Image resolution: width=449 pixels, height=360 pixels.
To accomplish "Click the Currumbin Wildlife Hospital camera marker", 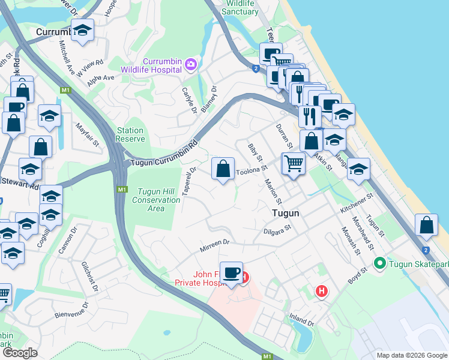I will pyautogui.click(x=191, y=64).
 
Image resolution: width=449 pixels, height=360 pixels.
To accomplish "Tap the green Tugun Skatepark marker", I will pyautogui.click(x=379, y=263).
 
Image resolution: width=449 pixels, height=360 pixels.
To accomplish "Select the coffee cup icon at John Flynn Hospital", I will pyautogui.click(x=231, y=274).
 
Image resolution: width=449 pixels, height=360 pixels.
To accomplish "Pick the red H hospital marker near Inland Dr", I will pyautogui.click(x=322, y=292).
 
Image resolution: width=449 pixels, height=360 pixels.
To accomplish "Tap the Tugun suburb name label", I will pyautogui.click(x=284, y=213).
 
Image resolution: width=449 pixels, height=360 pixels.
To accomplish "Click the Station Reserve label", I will pyautogui.click(x=130, y=134).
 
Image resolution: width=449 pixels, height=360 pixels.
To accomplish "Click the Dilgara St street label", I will pyautogui.click(x=276, y=229).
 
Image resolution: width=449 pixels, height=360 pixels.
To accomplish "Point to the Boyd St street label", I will pyautogui.click(x=357, y=277).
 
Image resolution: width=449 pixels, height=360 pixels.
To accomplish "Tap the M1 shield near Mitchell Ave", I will pyautogui.click(x=65, y=91).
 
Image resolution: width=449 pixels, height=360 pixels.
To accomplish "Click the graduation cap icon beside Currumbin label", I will pyautogui.click(x=82, y=31).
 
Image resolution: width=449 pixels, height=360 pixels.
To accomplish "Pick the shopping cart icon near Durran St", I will pyautogui.click(x=293, y=163).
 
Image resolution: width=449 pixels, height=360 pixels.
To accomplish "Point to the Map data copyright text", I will pyautogui.click(x=411, y=355).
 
